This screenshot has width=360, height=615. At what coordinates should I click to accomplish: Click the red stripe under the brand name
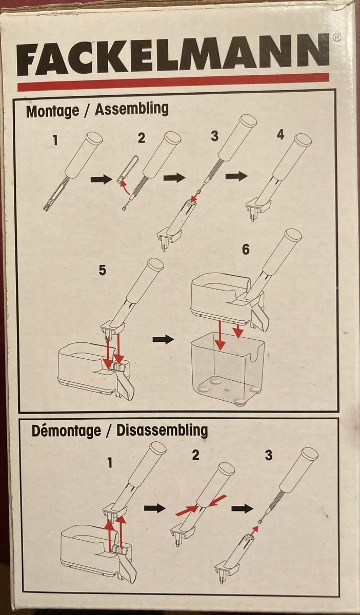173,82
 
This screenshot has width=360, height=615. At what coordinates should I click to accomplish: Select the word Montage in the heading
52,111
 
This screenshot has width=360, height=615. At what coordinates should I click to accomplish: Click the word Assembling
132,109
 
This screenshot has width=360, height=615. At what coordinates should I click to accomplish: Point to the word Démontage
66,431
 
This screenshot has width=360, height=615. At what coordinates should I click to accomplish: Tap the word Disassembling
162,430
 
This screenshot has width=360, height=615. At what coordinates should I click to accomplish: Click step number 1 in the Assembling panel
55,140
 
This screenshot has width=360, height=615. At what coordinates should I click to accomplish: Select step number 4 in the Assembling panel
280,135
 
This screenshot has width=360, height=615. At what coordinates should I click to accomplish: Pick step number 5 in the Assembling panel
102,271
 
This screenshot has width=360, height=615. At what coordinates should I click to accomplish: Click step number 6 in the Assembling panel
246,249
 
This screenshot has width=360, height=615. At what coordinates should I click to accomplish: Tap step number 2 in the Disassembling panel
195,455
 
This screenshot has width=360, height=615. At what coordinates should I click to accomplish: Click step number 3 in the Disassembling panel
269,455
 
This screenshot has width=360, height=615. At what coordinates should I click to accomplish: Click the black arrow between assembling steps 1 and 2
102,180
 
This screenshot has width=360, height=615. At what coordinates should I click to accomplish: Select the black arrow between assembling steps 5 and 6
163,340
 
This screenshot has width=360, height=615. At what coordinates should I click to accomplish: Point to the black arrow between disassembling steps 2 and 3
242,509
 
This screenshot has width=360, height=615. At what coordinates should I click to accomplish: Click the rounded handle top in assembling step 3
249,121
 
